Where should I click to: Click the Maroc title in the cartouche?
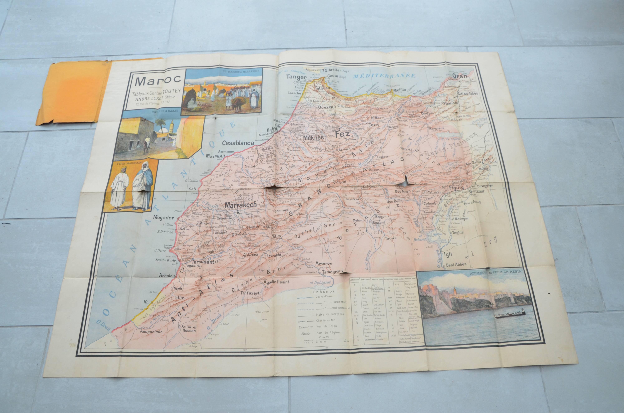pos(155,82)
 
